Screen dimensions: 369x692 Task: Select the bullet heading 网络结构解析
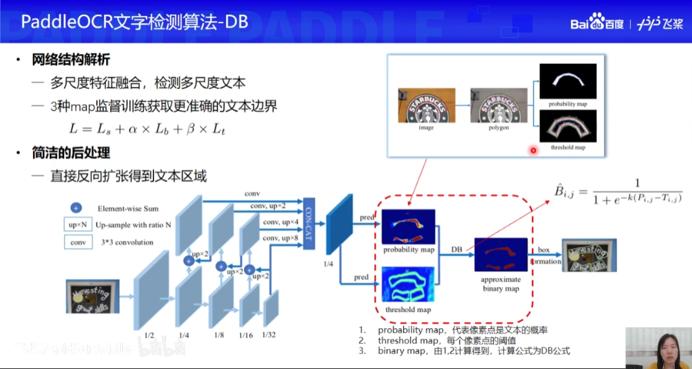[x=71, y=60]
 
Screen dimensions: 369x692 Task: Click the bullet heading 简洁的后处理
[x=71, y=153]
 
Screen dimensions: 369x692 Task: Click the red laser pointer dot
[x=533, y=151]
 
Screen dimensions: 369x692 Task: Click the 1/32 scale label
[x=269, y=334]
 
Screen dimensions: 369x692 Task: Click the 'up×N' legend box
[x=76, y=226]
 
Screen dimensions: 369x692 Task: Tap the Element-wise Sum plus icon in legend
[x=76, y=208]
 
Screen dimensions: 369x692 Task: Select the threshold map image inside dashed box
[x=408, y=284]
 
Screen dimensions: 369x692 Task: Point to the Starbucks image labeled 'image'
[x=425, y=106]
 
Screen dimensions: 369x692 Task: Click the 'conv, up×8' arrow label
[x=280, y=238]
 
